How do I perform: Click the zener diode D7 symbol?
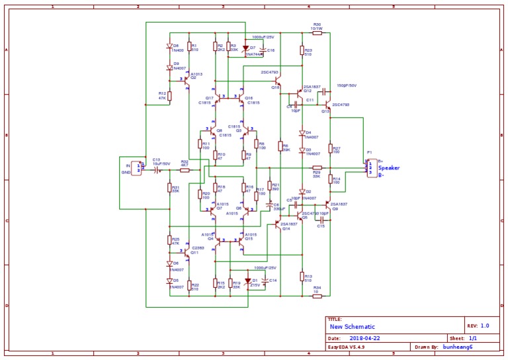pos(246,48)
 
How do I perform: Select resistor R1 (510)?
pos(189,46)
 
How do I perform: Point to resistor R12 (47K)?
pos(169,96)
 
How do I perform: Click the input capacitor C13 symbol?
pos(157,170)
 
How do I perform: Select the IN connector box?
pos(138,169)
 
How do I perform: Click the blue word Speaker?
pos(388,168)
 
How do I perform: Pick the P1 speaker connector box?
pos(371,168)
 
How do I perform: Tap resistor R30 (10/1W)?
pos(317,32)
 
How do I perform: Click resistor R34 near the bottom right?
pos(317,296)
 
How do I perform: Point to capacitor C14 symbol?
pos(265,281)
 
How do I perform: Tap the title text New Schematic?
pos(353,327)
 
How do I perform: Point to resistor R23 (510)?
pos(302,50)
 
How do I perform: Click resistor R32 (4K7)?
pos(185,170)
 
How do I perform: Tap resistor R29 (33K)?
pos(317,168)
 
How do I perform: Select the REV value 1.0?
pos(485,326)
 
